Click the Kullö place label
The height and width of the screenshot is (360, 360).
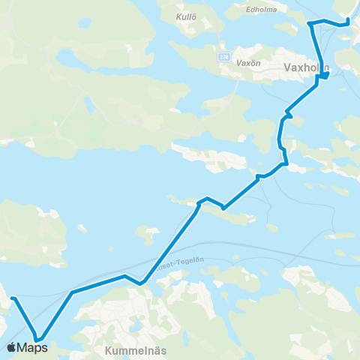(185, 16)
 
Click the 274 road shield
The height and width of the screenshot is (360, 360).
(223, 56)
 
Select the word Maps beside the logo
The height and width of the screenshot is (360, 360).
(32, 348)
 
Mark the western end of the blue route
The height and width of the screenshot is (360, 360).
(12, 298)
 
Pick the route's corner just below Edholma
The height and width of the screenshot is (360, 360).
(310, 25)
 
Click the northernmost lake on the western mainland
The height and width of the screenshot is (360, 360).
(66, 57)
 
